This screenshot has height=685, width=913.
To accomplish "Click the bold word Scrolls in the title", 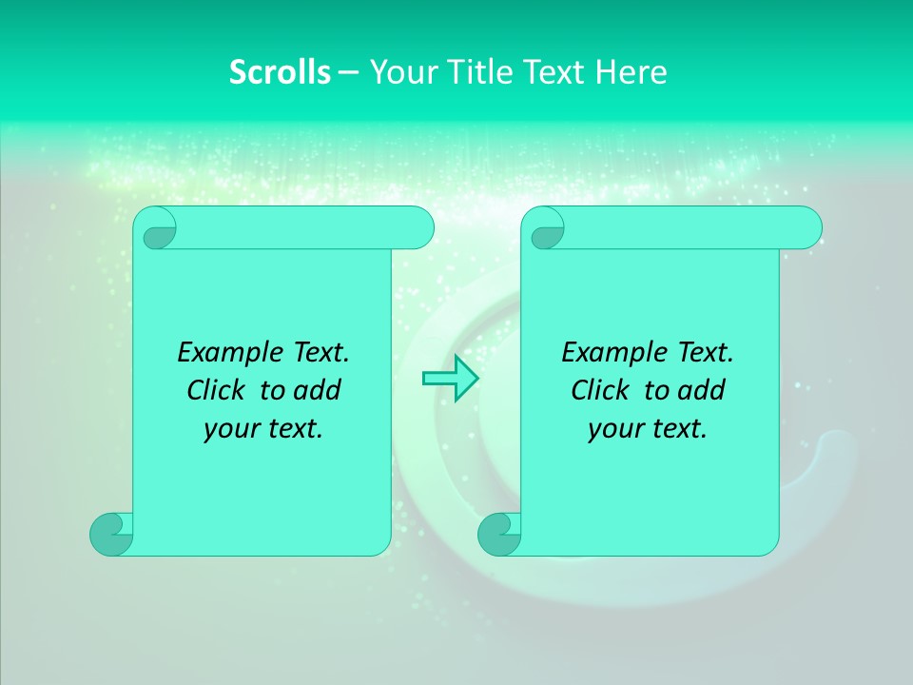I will [280, 71].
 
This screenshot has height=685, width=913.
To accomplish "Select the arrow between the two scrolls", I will [450, 379].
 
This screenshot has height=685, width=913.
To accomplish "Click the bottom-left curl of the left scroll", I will [112, 534].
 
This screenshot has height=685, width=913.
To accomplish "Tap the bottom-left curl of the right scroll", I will [499, 534].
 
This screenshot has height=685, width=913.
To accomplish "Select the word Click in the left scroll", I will [217, 391].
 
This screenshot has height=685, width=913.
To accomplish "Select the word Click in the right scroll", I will [601, 391].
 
